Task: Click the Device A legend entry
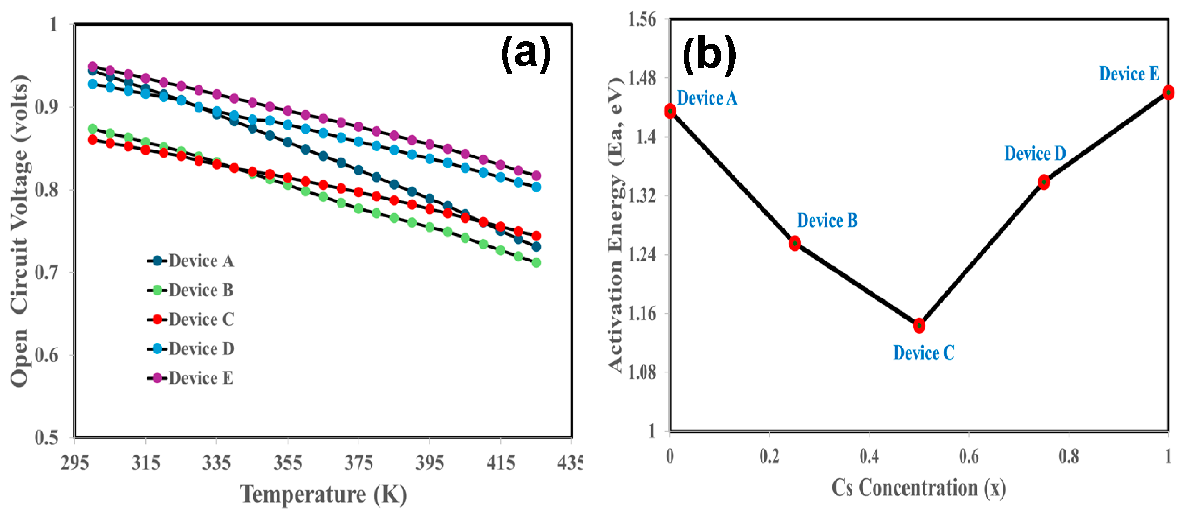pyautogui.click(x=191, y=261)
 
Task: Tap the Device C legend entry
pyautogui.click(x=191, y=319)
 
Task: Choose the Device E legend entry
pyautogui.click(x=191, y=378)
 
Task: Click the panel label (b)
pyautogui.click(x=709, y=55)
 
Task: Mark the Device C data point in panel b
pyautogui.click(x=919, y=326)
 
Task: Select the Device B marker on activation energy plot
pyautogui.click(x=794, y=243)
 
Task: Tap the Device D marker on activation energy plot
pyautogui.click(x=1043, y=182)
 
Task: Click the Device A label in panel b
pyautogui.click(x=707, y=98)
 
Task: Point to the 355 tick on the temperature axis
pyautogui.click(x=288, y=463)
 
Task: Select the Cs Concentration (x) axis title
pyautogui.click(x=919, y=488)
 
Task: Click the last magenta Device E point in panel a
pyautogui.click(x=536, y=175)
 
